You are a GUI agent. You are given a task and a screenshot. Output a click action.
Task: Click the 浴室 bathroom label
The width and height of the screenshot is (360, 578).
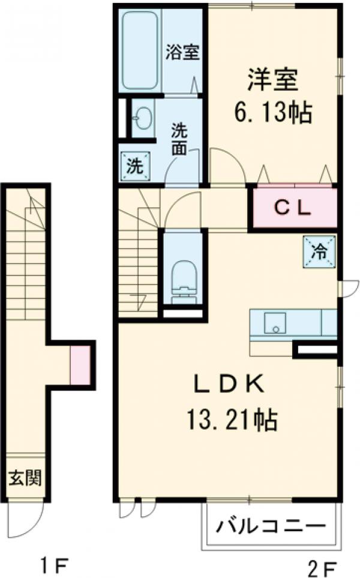pyautogui.click(x=182, y=52)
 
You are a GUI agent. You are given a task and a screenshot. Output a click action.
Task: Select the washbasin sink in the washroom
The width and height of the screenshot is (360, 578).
pyautogui.click(x=142, y=119)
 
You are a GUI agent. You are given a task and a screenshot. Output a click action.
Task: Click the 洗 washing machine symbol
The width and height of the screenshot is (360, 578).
pyautogui.click(x=134, y=166)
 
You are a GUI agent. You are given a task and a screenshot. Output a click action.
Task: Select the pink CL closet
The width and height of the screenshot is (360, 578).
pyautogui.click(x=294, y=208)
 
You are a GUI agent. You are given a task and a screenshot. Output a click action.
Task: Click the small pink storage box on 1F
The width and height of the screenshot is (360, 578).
pyautogui.click(x=80, y=365)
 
